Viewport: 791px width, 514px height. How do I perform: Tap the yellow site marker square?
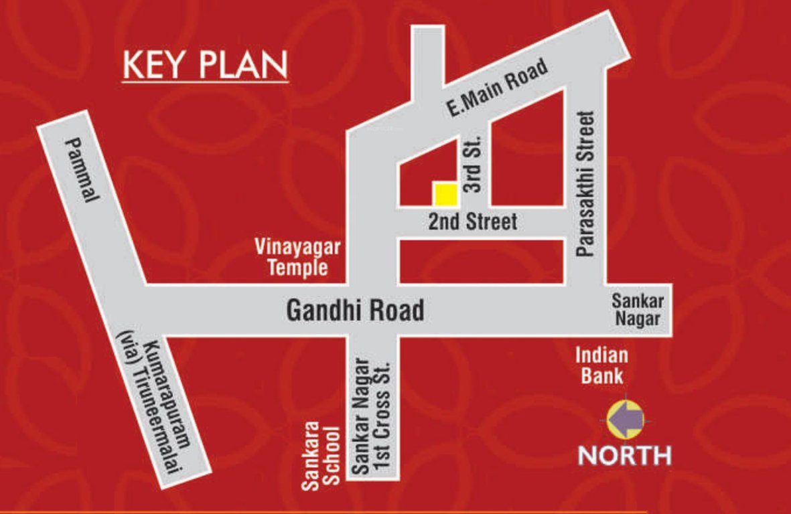(x=445, y=193)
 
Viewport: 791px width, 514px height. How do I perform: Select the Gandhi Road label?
(x=355, y=311)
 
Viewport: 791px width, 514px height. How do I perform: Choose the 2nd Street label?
(x=473, y=222)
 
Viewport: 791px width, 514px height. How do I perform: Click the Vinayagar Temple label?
(x=297, y=258)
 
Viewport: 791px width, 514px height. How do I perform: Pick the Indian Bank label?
(x=601, y=365)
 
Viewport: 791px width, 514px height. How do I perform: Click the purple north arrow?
(x=625, y=420)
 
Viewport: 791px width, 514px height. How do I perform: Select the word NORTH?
(x=624, y=455)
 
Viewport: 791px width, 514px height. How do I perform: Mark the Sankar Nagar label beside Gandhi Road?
(x=636, y=309)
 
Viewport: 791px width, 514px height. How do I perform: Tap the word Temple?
(x=297, y=268)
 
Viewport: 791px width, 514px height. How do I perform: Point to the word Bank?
(x=601, y=375)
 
